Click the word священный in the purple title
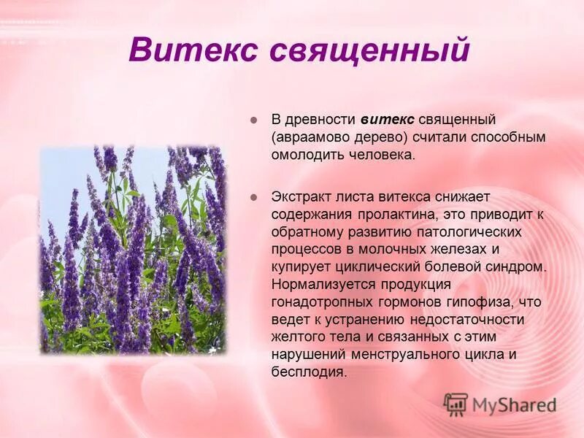[x=369, y=52]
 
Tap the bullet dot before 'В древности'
[x=254, y=120]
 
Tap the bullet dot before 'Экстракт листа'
[x=254, y=197]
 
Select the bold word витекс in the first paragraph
[x=388, y=120]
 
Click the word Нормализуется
[x=317, y=285]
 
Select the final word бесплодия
[x=307, y=372]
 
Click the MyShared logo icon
[x=456, y=404]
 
